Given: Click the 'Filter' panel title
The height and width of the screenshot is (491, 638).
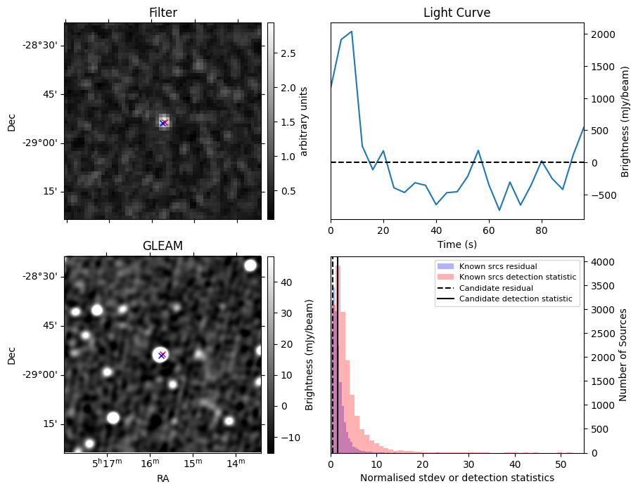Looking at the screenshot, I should [x=162, y=13].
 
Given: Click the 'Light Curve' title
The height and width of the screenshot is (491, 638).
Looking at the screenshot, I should [x=457, y=13].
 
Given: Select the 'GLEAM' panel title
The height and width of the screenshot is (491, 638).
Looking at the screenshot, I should [x=162, y=246].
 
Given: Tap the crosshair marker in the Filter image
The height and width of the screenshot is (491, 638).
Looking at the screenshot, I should [x=163, y=123].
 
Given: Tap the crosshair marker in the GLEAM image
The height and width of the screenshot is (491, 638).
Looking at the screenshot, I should [x=162, y=355].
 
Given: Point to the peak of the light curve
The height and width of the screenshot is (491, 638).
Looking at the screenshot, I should [x=351, y=32].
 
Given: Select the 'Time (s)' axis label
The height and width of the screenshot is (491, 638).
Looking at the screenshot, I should [x=457, y=242].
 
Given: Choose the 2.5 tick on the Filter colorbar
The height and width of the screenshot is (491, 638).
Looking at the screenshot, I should [x=288, y=53].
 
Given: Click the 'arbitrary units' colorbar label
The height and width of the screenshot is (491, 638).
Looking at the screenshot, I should [x=304, y=121].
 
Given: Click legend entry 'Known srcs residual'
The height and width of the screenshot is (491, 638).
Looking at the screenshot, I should [x=497, y=267].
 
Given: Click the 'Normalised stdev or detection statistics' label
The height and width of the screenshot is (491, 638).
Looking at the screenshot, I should [x=457, y=478].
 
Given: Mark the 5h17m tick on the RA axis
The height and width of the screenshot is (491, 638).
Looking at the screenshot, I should [x=106, y=463].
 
